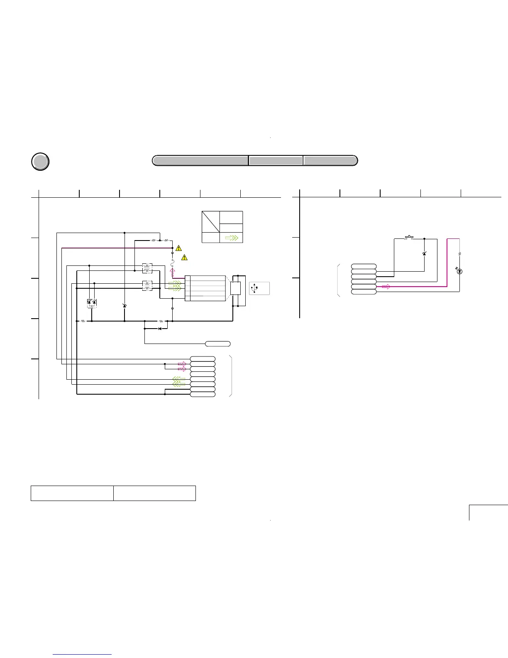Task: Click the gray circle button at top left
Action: [x=40, y=162]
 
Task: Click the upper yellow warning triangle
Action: [x=178, y=248]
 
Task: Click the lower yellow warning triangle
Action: [x=185, y=258]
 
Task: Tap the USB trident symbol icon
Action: [x=254, y=288]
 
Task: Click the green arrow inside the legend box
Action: [x=231, y=238]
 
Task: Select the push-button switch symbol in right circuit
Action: [x=409, y=238]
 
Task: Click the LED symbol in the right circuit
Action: [x=459, y=271]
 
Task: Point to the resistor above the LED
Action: [x=459, y=253]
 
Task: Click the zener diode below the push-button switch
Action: [x=424, y=253]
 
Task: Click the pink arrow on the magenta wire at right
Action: [x=386, y=286]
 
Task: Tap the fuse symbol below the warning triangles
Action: [x=172, y=262]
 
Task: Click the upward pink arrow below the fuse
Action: [x=172, y=272]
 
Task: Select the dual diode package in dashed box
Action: [x=92, y=303]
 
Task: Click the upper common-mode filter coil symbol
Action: [x=147, y=268]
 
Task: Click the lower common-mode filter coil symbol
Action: [x=147, y=286]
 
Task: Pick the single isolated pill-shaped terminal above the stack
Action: [x=218, y=344]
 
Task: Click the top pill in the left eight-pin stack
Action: [x=203, y=359]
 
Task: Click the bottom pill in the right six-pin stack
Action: [x=364, y=292]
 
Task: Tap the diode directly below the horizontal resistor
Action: [x=160, y=329]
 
